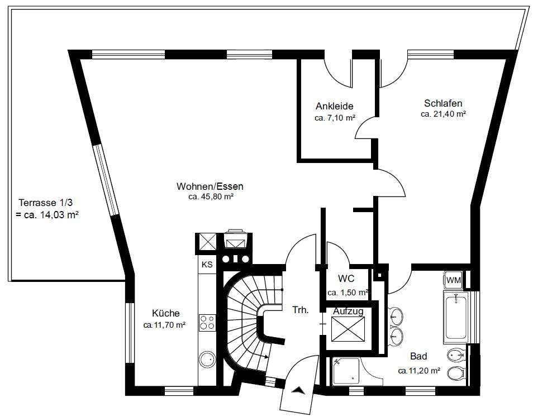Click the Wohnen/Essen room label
click(210, 186)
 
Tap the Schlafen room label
click(443, 103)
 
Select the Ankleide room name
click(335, 106)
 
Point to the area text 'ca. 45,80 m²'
click(211, 197)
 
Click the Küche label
click(165, 313)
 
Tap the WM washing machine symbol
click(454, 280)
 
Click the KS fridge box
click(207, 265)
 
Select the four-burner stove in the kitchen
click(207, 322)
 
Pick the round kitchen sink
click(207, 359)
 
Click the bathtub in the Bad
click(456, 317)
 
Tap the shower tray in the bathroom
click(346, 371)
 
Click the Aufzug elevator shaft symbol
click(348, 329)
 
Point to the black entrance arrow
click(298, 390)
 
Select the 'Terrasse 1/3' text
click(46, 203)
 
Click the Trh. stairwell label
click(301, 310)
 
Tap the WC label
click(346, 279)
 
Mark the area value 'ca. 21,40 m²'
click(443, 114)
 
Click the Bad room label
click(418, 356)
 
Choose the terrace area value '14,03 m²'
click(60, 215)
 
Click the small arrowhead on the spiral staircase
click(266, 357)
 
